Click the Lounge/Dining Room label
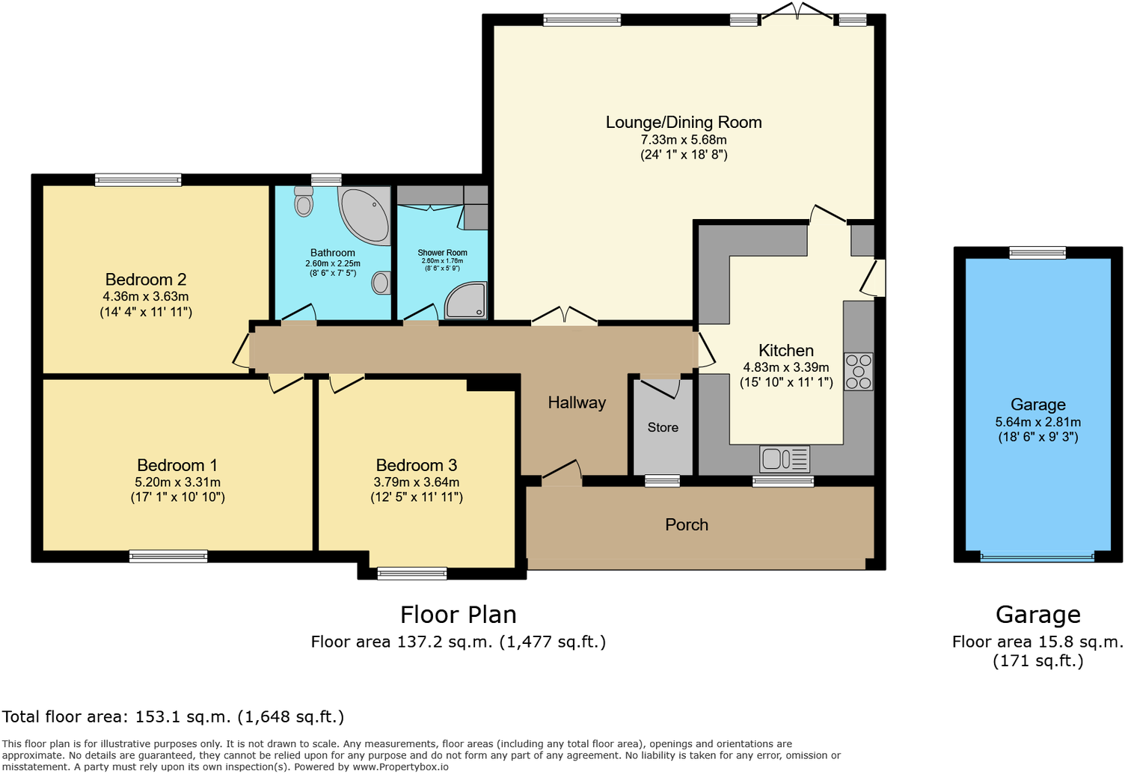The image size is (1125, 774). tap(683, 123)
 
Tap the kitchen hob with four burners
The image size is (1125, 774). tap(858, 371)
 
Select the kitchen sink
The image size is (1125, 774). tap(784, 458)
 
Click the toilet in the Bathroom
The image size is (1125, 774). tap(304, 201)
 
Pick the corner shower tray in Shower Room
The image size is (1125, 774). tap(468, 301)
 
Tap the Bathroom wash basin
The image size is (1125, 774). tap(381, 283)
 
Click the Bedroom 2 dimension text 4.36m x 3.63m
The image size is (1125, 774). tap(146, 296)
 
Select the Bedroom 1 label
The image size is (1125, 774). tap(177, 465)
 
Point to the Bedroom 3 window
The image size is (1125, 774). tap(412, 574)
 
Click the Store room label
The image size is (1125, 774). tap(663, 428)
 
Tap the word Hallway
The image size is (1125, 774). tap(577, 403)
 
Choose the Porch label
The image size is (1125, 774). tap(686, 525)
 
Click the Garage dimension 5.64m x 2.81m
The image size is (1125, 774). tap(1037, 422)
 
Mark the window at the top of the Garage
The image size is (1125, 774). tap(1037, 253)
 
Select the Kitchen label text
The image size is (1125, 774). tap(785, 351)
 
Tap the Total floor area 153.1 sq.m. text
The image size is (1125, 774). tap(174, 717)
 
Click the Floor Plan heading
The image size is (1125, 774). tap(458, 615)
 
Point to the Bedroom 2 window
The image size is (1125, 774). tap(138, 179)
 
